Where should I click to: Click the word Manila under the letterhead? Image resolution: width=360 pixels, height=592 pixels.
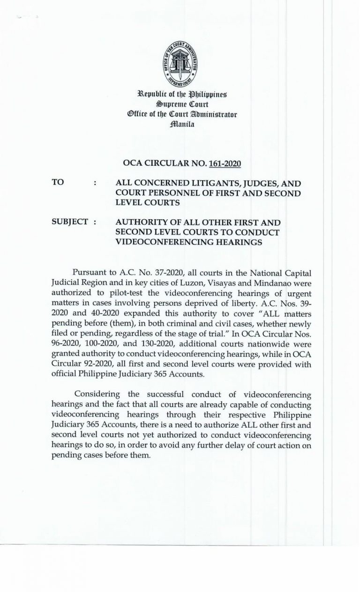click(x=180, y=125)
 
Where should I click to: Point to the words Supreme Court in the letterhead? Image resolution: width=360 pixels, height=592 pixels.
click(x=180, y=106)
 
